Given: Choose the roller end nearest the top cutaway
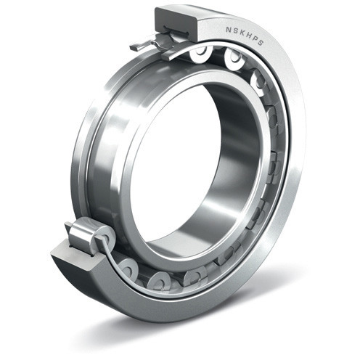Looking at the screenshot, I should [199, 53].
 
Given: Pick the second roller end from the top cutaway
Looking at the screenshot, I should [234, 62].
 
